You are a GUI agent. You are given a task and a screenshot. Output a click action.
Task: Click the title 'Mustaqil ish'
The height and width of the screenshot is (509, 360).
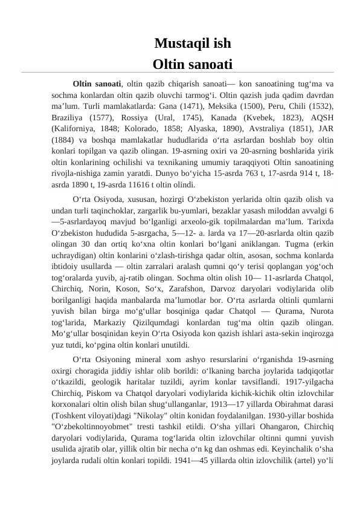pyautogui.click(x=192, y=44)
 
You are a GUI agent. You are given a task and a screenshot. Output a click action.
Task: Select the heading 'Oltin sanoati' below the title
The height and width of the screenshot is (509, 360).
pyautogui.click(x=192, y=63)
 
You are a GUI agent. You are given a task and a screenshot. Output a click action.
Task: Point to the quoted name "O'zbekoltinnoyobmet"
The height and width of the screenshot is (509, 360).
pyautogui.click(x=96, y=427)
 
